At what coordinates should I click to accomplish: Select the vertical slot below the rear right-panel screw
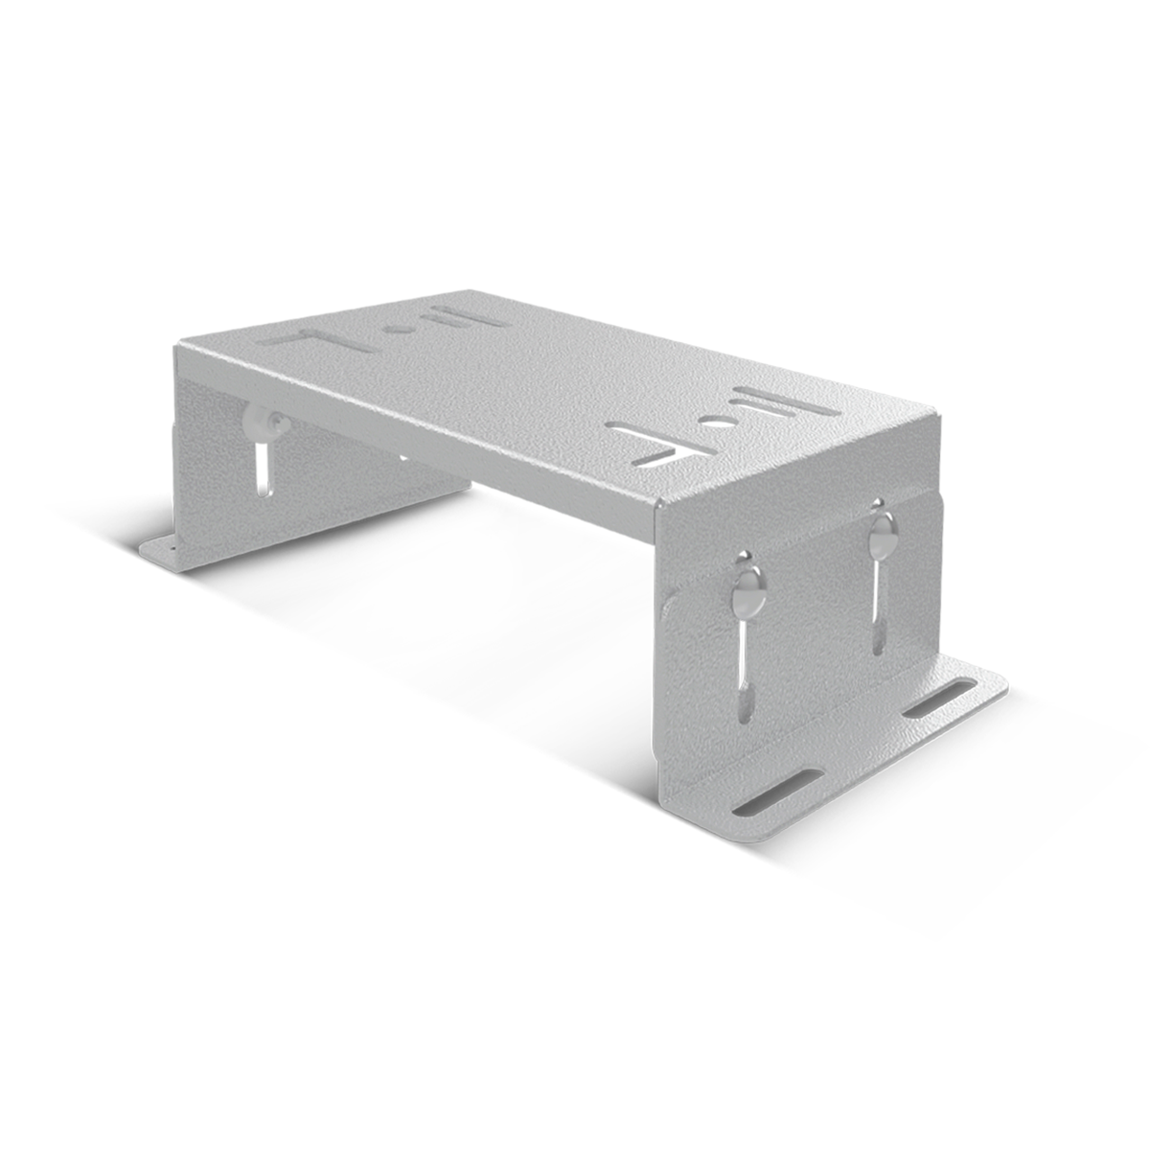pos(877,609)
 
